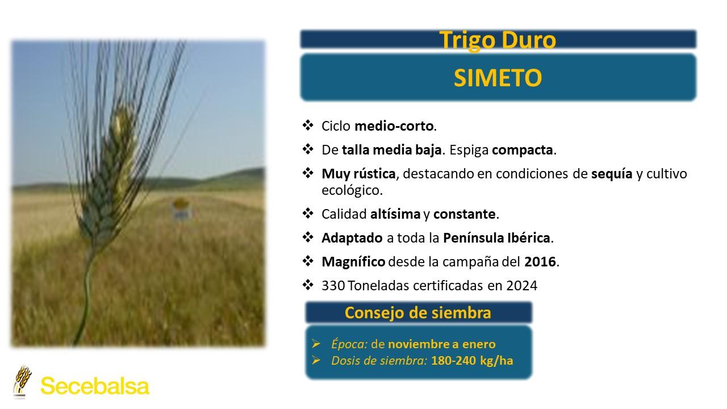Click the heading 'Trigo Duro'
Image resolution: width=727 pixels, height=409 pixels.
[x=498, y=40]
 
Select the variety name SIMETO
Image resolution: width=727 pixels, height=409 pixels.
[x=498, y=78]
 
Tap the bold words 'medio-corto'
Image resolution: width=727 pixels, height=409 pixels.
[x=394, y=126]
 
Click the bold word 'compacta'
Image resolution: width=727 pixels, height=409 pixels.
[x=522, y=150]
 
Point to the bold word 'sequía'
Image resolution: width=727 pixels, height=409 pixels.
[x=612, y=174]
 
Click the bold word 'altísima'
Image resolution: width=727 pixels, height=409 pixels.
[x=395, y=214]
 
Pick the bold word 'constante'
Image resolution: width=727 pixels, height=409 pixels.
[x=465, y=214]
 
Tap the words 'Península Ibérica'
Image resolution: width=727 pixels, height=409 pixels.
[x=496, y=238]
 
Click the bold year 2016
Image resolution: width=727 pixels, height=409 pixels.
[x=540, y=262]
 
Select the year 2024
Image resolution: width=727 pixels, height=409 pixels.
[x=522, y=286]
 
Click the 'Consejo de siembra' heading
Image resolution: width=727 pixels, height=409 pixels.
[x=417, y=312]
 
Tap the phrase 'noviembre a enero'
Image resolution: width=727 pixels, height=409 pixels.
[x=442, y=344]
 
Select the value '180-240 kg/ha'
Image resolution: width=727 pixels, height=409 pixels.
[x=472, y=361]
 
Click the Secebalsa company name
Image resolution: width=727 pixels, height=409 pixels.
[x=95, y=386]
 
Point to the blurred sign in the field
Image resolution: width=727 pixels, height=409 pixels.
[x=181, y=210]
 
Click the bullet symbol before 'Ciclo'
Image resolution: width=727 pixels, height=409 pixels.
[x=308, y=126]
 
